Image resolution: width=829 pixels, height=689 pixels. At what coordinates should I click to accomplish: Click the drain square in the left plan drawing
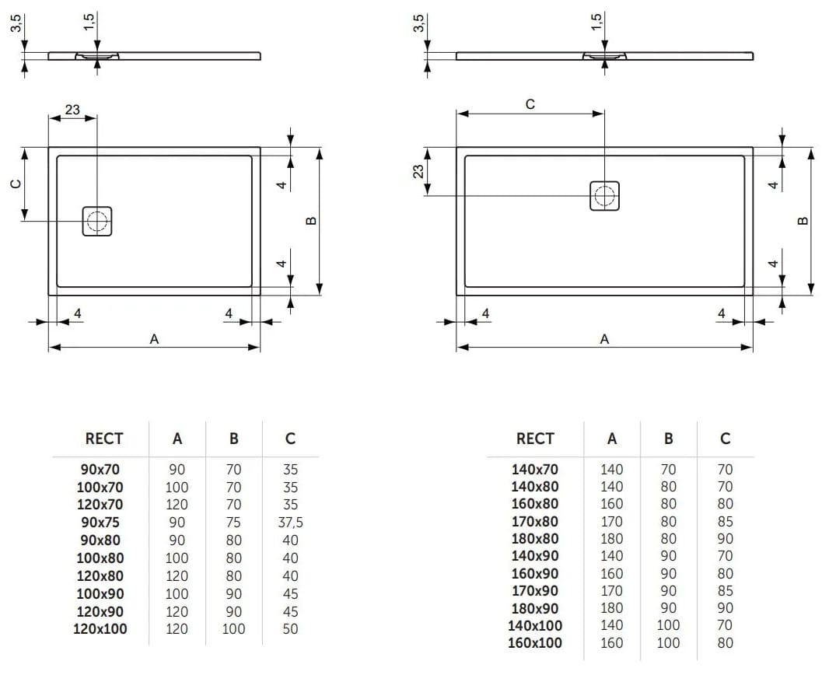pyautogui.click(x=98, y=221)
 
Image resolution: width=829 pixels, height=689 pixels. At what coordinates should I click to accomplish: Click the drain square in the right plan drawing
pyautogui.click(x=604, y=195)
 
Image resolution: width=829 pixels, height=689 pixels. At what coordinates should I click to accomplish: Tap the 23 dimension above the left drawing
pyautogui.click(x=72, y=110)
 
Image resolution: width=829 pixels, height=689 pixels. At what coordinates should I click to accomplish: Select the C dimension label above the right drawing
pyautogui.click(x=530, y=104)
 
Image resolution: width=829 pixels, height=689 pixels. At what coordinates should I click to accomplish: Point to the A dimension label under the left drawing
pyautogui.click(x=154, y=338)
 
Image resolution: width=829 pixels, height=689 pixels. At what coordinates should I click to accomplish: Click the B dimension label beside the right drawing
pyautogui.click(x=803, y=220)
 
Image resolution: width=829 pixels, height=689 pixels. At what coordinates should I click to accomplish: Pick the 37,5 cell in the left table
pyautogui.click(x=290, y=523)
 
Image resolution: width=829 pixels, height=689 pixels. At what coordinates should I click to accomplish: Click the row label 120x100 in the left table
pyautogui.click(x=100, y=629)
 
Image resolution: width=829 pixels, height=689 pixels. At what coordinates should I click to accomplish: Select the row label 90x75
pyautogui.click(x=100, y=523)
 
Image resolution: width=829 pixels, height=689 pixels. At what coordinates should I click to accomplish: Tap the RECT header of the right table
pyautogui.click(x=535, y=439)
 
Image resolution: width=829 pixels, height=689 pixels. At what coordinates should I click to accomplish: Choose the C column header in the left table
pyautogui.click(x=290, y=439)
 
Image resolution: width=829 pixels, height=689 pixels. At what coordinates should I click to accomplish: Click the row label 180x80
pyautogui.click(x=534, y=538)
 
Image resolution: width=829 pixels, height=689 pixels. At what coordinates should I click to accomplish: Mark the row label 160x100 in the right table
pyautogui.click(x=536, y=643)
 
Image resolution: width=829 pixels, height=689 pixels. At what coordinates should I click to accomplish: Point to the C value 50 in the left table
pyautogui.click(x=290, y=629)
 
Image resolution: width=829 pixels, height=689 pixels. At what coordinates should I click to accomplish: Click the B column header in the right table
pyautogui.click(x=669, y=439)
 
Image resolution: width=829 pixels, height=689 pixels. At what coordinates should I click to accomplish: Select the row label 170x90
pyautogui.click(x=534, y=591)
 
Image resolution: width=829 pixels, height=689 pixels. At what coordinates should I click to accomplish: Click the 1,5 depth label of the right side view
pyautogui.click(x=596, y=22)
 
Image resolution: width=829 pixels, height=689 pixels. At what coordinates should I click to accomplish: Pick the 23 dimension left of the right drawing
pyautogui.click(x=418, y=171)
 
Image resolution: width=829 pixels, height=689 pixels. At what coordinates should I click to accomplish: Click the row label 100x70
pyautogui.click(x=100, y=488)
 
